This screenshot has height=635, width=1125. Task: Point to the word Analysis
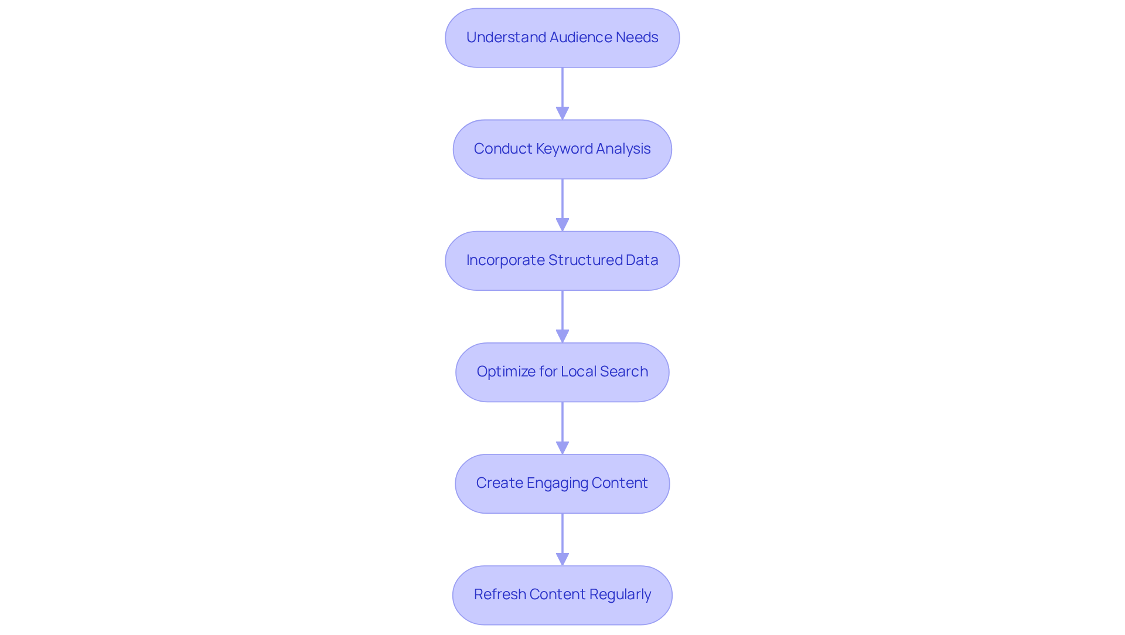pos(623,149)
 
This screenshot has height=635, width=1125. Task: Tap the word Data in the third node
pos(642,260)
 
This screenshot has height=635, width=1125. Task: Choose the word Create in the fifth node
pos(499,483)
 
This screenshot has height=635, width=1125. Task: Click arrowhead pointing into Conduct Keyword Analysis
pos(562,113)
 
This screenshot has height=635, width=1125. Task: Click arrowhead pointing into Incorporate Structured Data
pos(562,225)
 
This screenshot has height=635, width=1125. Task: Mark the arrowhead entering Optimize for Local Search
pos(562,336)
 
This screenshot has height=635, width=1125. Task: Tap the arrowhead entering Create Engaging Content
pos(562,447)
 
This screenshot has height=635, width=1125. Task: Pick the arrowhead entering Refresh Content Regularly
pos(562,559)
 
